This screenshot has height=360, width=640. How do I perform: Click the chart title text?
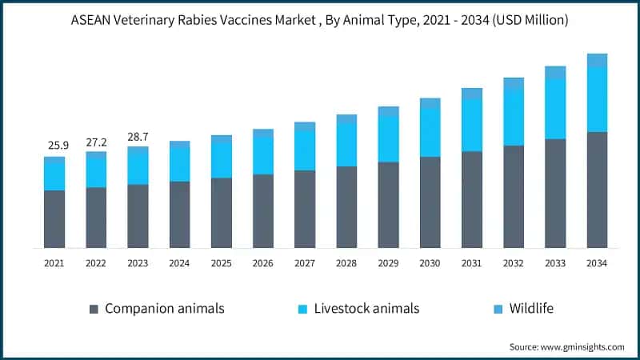[x=320, y=21]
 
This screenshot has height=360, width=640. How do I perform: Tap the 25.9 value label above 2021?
[x=54, y=145]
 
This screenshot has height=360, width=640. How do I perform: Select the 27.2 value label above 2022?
[x=96, y=140]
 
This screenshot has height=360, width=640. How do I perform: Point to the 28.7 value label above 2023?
[x=138, y=135]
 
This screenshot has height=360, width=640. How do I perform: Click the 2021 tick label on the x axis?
[x=54, y=263]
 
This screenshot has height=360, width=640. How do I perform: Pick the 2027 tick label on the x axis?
[x=305, y=263]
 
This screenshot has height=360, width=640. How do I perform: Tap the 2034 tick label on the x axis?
[x=597, y=263]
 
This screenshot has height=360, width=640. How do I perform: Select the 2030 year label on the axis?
[x=430, y=263]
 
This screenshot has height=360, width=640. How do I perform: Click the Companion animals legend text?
[x=165, y=308]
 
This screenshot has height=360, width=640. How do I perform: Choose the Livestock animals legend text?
[x=367, y=308]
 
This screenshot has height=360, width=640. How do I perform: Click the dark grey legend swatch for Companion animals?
[x=94, y=309]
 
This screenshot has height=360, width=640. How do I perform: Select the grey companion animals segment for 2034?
[x=597, y=190]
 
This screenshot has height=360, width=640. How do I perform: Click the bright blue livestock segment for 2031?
[x=472, y=126]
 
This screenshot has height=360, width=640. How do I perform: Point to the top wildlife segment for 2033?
[x=555, y=73]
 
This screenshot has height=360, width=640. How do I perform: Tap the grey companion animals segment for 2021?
[x=54, y=218]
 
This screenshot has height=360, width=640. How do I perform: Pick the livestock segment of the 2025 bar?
[x=222, y=160]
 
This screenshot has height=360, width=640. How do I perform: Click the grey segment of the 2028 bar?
[x=346, y=206]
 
